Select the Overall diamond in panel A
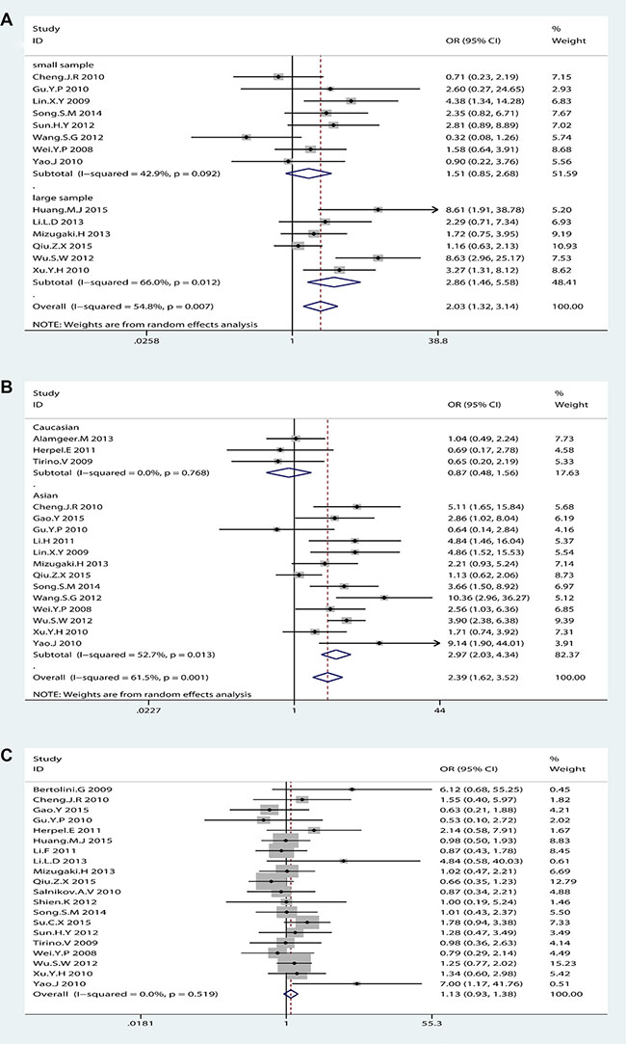pyautogui.click(x=323, y=307)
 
